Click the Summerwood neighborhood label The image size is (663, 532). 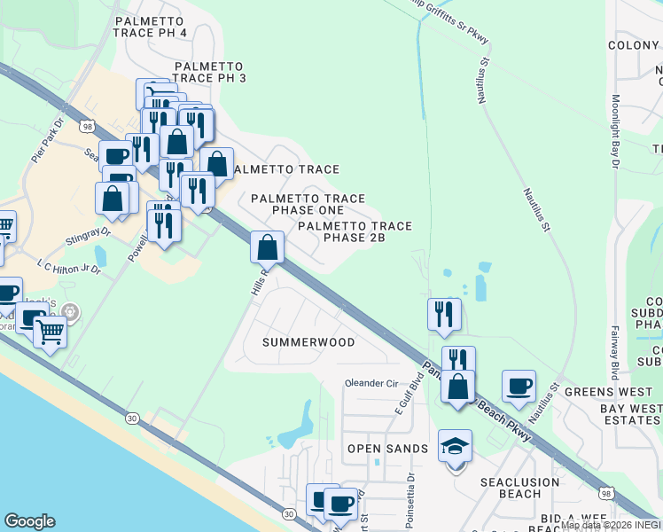tap(308, 342)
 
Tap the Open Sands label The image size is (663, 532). tap(387, 449)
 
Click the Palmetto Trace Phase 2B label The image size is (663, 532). tap(355, 232)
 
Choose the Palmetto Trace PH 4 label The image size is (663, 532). tap(150, 27)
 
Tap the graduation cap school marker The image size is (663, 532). tap(455, 447)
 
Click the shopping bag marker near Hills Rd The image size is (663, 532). tap(267, 247)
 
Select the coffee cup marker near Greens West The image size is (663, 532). tap(519, 387)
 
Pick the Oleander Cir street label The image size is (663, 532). tap(371, 383)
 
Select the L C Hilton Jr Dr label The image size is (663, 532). tap(70, 267)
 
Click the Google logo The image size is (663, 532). tap(29, 521)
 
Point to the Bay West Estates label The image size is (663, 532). tap(630, 414)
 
